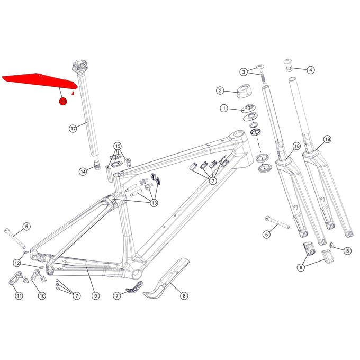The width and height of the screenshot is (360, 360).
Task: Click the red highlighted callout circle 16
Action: click(62, 100)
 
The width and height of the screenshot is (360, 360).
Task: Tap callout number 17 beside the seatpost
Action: click(74, 128)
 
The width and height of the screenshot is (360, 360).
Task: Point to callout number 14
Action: click(83, 172)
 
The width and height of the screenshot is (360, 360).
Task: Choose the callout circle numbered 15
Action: click(118, 146)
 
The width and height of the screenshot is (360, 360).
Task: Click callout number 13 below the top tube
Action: click(154, 202)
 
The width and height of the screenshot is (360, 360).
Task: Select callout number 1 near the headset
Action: click(224, 109)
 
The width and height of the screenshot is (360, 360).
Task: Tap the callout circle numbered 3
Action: click(244, 71)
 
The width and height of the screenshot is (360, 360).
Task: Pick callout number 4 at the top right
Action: click(310, 69)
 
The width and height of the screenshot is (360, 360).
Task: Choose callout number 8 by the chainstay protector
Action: click(184, 296)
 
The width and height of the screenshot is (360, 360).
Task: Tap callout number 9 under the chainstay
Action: click(95, 296)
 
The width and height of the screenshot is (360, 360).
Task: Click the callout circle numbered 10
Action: click(41, 296)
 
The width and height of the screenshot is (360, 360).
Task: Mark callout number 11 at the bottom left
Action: click(19, 296)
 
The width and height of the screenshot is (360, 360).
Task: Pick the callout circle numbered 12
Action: click(17, 263)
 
